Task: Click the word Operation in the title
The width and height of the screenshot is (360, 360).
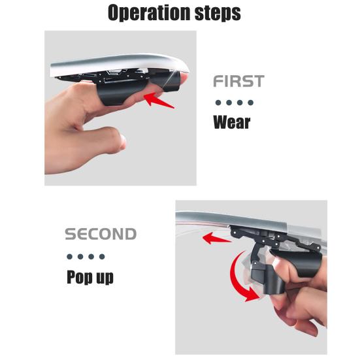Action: (x=149, y=13)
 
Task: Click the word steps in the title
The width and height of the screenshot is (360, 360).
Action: (x=218, y=13)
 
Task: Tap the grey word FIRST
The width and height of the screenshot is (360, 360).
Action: (x=238, y=81)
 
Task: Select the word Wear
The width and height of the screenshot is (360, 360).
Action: (x=232, y=122)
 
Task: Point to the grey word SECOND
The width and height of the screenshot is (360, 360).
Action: (x=101, y=234)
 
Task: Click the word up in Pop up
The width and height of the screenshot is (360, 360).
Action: (x=105, y=278)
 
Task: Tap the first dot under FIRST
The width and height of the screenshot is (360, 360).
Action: (x=218, y=103)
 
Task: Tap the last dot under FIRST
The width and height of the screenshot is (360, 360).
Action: (x=251, y=103)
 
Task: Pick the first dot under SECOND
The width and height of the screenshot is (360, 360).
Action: (x=69, y=257)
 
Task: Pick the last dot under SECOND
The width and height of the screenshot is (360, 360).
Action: (x=102, y=257)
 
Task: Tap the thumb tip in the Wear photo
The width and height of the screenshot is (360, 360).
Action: (x=122, y=141)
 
